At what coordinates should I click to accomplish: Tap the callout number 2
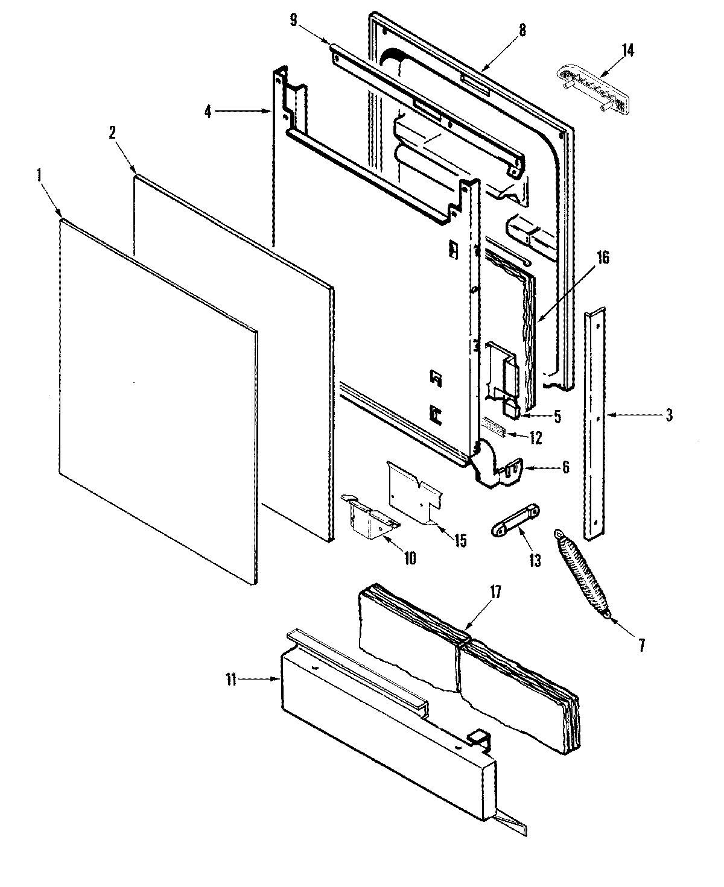pyautogui.click(x=112, y=134)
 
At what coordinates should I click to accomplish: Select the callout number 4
pyautogui.click(x=208, y=111)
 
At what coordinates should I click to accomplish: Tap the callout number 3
pyautogui.click(x=669, y=415)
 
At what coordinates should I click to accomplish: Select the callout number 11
pyautogui.click(x=230, y=679)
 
